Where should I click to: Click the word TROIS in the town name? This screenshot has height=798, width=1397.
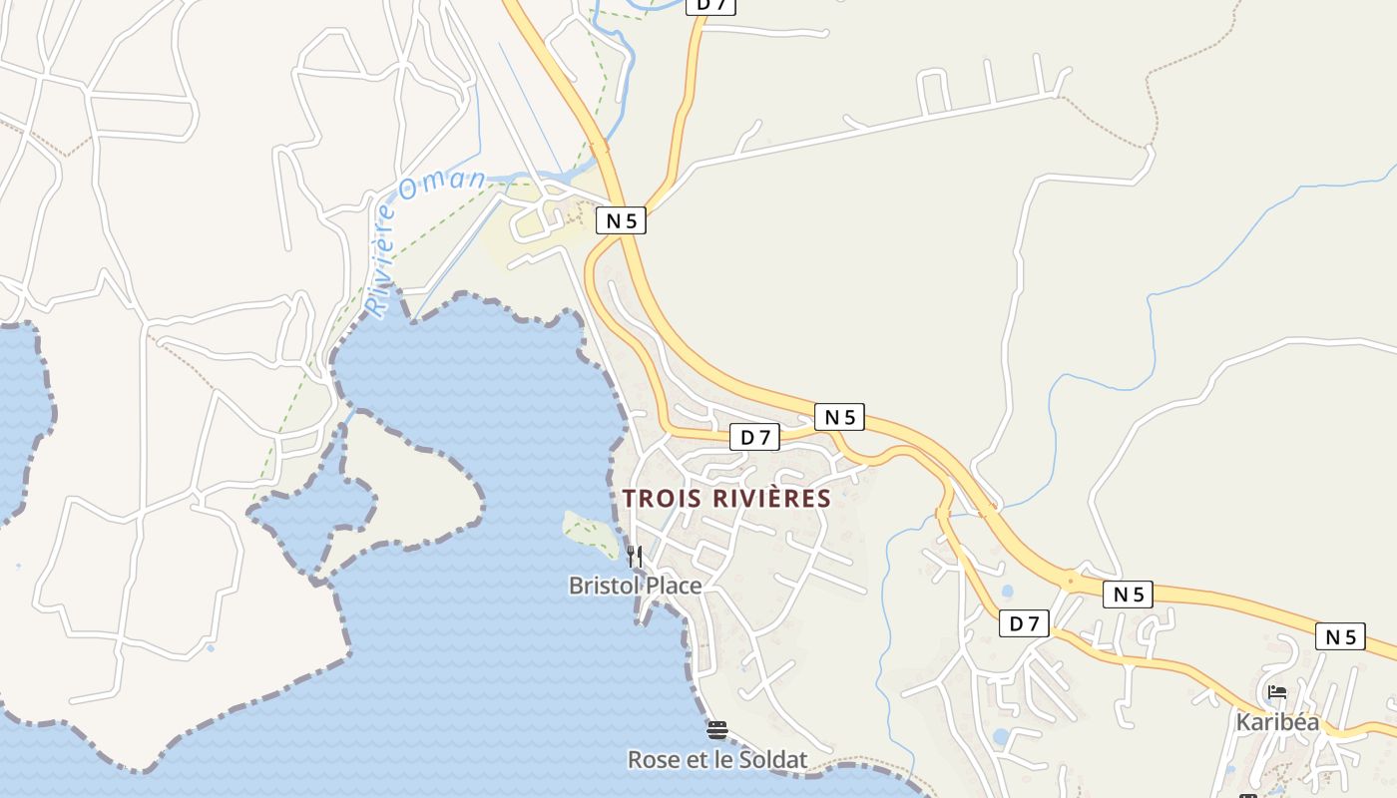(660, 498)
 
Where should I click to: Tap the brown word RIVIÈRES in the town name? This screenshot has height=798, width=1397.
(769, 498)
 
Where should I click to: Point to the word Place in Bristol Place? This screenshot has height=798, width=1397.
(674, 586)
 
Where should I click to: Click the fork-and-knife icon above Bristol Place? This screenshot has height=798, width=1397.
(635, 556)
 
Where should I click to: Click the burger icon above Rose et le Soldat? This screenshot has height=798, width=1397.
(716, 730)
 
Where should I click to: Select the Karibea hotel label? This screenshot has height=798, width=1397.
(1277, 722)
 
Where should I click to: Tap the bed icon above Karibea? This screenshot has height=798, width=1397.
(1276, 692)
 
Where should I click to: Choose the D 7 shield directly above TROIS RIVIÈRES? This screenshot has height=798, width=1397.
(754, 437)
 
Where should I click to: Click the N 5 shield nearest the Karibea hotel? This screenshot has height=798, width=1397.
(1339, 636)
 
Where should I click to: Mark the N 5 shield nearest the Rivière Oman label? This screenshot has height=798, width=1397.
(621, 220)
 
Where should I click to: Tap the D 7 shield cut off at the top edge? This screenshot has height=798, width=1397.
(712, 5)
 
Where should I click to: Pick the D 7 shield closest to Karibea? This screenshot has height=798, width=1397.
(1025, 624)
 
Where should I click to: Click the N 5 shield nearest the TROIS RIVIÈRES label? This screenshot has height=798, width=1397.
(839, 417)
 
